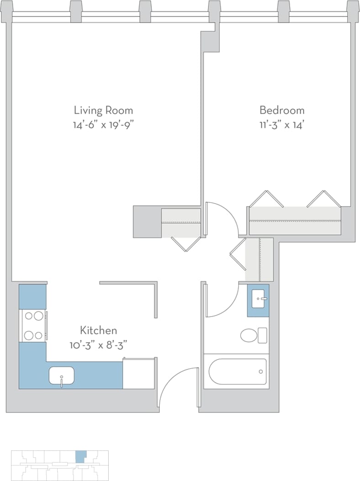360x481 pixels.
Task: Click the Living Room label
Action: [x=103, y=110]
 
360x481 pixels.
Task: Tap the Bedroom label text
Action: [x=282, y=110]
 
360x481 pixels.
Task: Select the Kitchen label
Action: [x=99, y=330]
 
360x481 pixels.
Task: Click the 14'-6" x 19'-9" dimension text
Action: [x=103, y=124]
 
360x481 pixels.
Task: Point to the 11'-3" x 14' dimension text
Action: [x=282, y=124]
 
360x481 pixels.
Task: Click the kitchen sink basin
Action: [x=62, y=376]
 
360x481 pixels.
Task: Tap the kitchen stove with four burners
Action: [x=34, y=326]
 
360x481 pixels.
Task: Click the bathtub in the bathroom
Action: [x=237, y=371]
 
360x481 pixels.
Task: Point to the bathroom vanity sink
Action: [x=259, y=300]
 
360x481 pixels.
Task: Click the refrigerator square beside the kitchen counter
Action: [x=138, y=374]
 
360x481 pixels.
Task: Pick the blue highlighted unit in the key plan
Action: [x=80, y=456]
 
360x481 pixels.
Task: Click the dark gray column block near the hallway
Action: [x=147, y=222]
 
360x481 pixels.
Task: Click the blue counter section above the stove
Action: [x=32, y=296]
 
